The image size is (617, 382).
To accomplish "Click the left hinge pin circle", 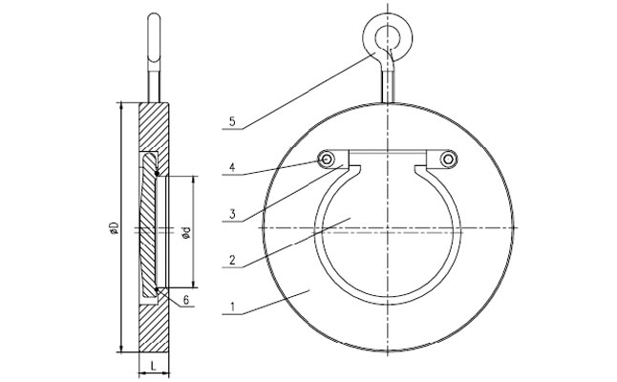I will pos(328,159).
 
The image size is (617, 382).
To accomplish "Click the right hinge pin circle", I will pos(447,159).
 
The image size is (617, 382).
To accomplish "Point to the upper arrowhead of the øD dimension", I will pos(120,103).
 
